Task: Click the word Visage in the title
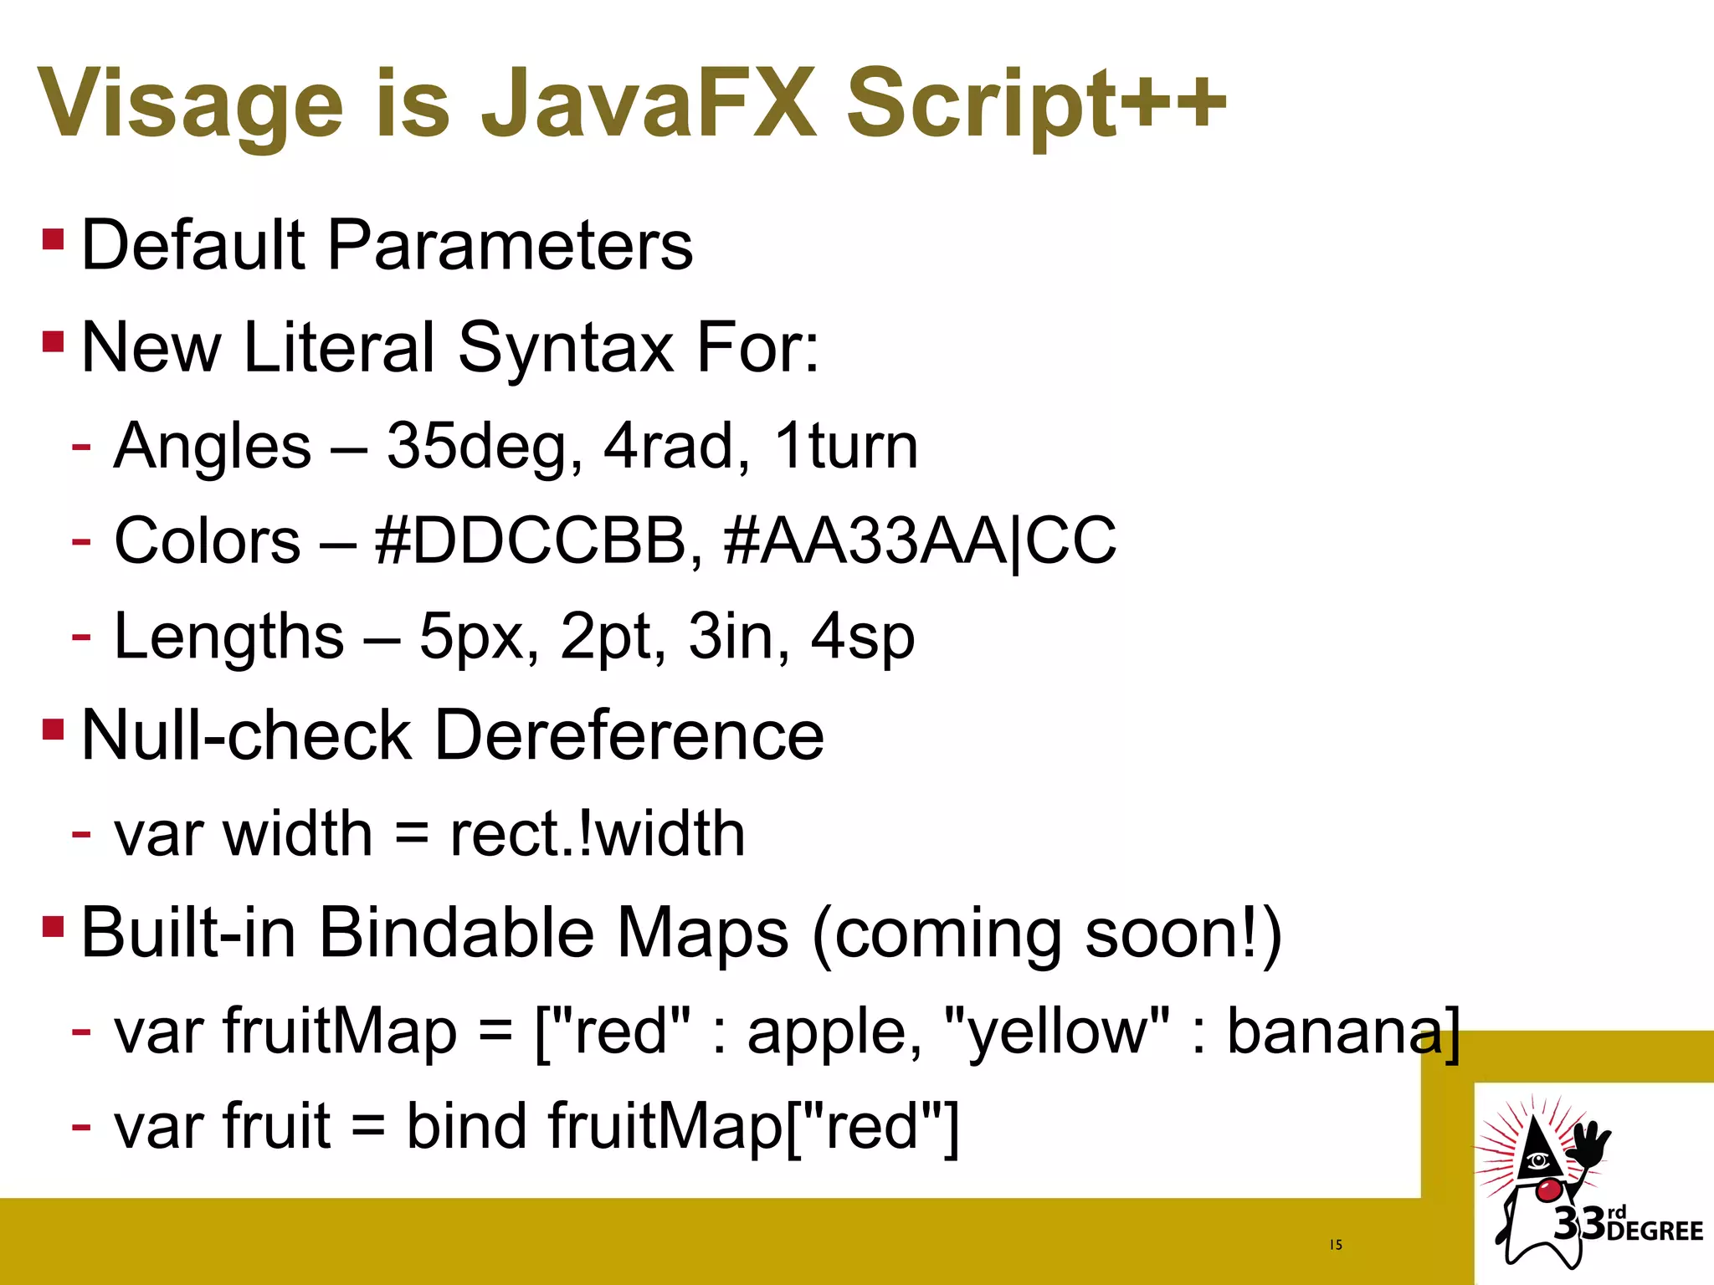pos(191,105)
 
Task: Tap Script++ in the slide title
pos(1036,105)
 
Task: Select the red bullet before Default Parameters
pos(53,241)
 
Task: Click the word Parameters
pos(510,245)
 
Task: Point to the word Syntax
pos(566,347)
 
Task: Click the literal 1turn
pos(845,446)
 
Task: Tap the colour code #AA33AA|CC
pos(920,540)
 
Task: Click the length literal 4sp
pos(863,637)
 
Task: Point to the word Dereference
pos(629,735)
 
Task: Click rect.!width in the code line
pos(597,834)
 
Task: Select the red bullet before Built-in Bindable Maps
pos(53,926)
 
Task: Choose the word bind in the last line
pos(465,1126)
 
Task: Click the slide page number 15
pos(1336,1245)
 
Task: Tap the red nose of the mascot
pos(1549,1189)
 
